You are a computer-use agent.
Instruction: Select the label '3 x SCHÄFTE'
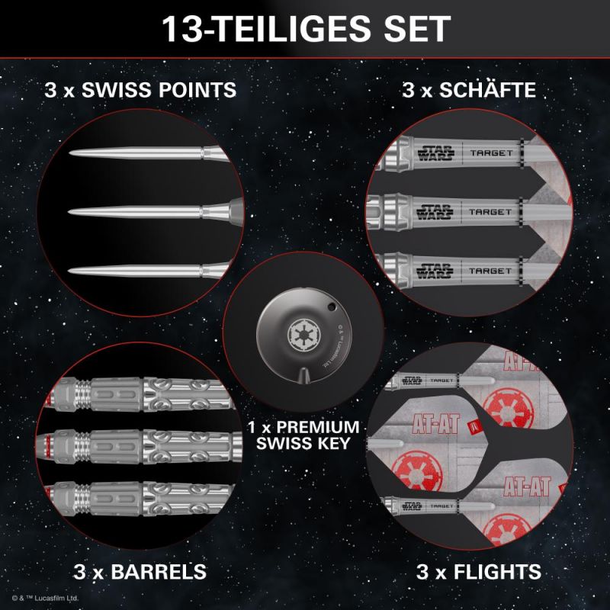[x=468, y=91]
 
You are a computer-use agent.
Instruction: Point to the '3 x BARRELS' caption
[x=140, y=570]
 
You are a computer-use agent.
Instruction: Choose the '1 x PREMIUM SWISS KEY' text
[x=303, y=432]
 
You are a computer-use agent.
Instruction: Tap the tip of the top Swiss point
[x=70, y=153]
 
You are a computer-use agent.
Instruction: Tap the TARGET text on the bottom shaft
[x=490, y=271]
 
